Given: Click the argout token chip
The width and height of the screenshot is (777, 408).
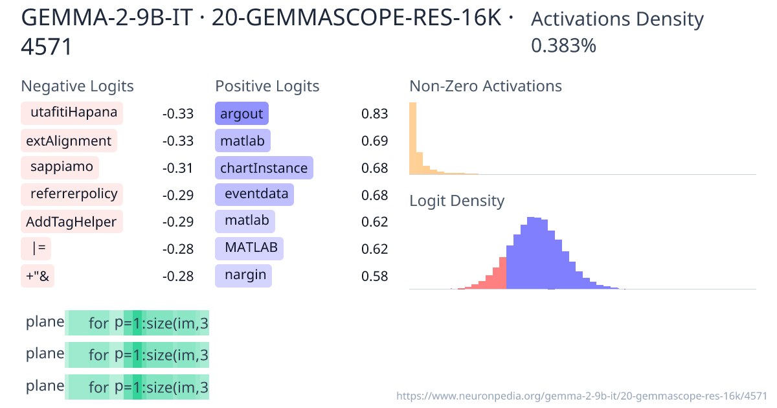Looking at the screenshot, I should (242, 114).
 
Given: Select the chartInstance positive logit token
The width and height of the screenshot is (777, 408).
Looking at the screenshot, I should (264, 168).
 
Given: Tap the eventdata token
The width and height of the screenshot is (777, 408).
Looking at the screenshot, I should (254, 195).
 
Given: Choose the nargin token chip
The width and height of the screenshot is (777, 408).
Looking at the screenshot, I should (243, 275).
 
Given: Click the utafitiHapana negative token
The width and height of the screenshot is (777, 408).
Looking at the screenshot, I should (72, 113).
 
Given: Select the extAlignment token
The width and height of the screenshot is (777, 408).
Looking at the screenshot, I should (69, 141).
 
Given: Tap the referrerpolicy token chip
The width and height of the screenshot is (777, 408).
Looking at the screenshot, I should (72, 194).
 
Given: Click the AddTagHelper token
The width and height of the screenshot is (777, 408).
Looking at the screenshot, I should (71, 222).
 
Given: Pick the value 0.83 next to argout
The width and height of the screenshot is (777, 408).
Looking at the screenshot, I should (374, 114).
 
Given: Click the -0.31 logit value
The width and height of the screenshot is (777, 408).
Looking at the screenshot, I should (178, 168).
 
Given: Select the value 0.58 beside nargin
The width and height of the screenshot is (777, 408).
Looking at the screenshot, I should (374, 277).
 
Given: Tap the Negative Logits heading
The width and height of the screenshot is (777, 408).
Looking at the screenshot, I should (78, 86).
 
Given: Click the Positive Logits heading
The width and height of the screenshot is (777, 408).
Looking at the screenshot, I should (267, 86).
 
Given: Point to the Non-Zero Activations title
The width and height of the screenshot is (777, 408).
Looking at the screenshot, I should (486, 86).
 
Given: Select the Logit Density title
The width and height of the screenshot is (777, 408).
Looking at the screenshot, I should (456, 201).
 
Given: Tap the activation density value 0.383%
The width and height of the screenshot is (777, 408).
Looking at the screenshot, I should (563, 46).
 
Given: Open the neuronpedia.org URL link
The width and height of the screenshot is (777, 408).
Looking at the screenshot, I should (581, 395).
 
